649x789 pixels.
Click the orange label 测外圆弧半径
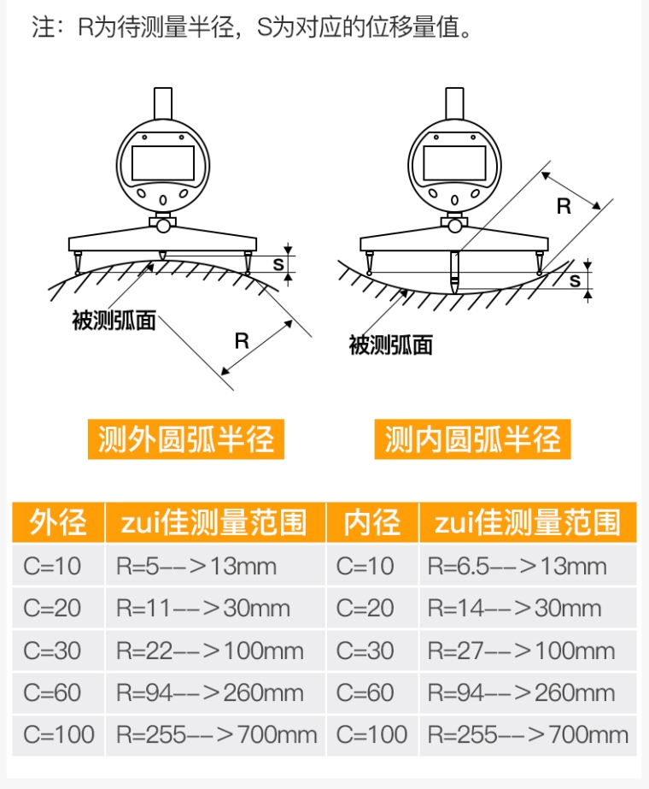[x=186, y=439]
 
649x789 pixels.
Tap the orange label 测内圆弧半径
[x=472, y=439]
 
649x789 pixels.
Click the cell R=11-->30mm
[x=215, y=607]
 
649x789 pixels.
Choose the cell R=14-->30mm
[x=528, y=607]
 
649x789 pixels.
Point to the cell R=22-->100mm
[x=215, y=651]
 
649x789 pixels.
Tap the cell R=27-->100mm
[x=528, y=651]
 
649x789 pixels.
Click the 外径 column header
[x=58, y=521]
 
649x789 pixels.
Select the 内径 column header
[x=372, y=521]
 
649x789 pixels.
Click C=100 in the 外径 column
[x=58, y=734]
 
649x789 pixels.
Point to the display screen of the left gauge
[x=163, y=163]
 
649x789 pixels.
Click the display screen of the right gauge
[x=454, y=163]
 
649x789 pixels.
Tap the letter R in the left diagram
[x=242, y=341]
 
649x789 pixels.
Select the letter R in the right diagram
[x=564, y=206]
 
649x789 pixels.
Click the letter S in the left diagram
[x=278, y=263]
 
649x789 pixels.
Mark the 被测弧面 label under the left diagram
[x=114, y=321]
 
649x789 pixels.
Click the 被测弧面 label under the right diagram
[x=390, y=345]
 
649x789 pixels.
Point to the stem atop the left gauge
[x=163, y=103]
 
